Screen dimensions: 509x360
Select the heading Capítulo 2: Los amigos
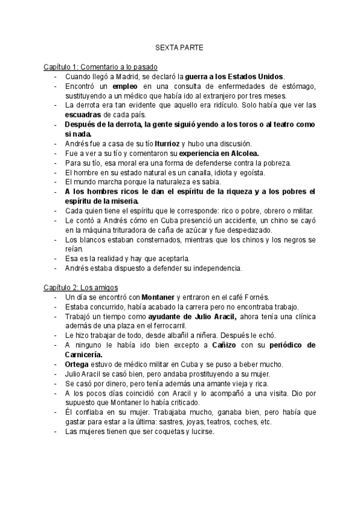pyautogui.click(x=81, y=288)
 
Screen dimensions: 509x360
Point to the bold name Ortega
pyautogui.click(x=77, y=364)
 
